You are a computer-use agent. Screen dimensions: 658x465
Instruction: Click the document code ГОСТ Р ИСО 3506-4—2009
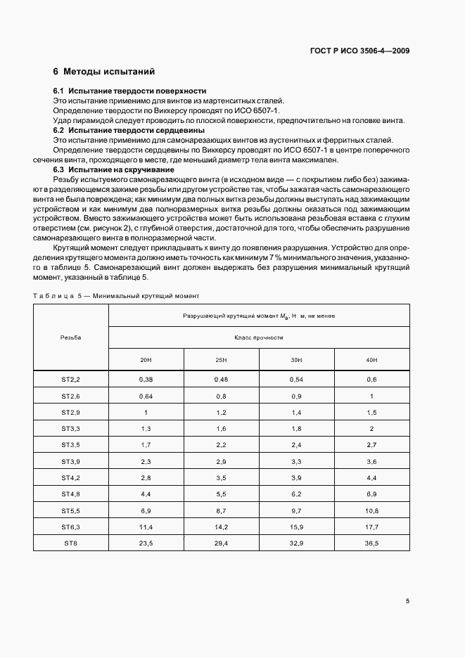click(x=360, y=51)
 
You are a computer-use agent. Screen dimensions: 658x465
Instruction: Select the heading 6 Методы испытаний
click(x=103, y=72)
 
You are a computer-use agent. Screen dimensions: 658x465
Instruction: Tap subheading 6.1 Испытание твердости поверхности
click(x=129, y=91)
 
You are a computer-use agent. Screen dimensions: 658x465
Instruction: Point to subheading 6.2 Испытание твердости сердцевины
click(x=129, y=131)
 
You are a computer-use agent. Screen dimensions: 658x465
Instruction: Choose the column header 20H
click(x=146, y=360)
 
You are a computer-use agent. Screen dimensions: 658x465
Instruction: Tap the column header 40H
click(x=372, y=360)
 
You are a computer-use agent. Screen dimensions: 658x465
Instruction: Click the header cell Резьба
click(x=71, y=337)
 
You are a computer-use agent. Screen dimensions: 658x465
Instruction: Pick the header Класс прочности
click(x=259, y=337)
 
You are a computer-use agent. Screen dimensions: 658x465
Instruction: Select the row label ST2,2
click(x=71, y=380)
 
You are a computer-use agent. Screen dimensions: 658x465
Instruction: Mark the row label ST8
click(x=71, y=543)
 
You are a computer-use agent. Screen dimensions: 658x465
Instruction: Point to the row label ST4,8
click(x=71, y=494)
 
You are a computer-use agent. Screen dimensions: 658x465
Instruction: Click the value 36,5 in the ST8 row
click(x=372, y=543)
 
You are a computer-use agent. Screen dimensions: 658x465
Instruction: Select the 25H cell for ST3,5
click(x=222, y=445)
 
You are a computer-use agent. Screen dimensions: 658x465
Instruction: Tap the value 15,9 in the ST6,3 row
click(x=297, y=527)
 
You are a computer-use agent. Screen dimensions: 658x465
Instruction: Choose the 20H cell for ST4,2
click(x=146, y=477)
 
